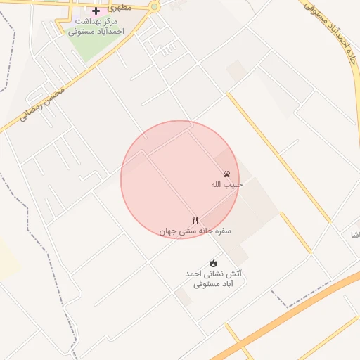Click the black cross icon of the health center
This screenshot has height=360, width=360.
[96, 11]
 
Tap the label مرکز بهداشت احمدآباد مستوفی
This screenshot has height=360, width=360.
[96, 27]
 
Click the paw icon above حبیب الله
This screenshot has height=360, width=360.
[227, 174]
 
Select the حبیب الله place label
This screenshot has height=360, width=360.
[227, 185]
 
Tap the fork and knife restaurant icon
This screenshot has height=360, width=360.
[195, 220]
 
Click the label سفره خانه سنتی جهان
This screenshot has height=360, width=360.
[195, 231]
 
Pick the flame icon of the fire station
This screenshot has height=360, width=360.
[214, 263]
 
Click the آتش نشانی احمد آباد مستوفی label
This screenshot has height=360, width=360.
[213, 278]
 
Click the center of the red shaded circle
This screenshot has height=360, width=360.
[180, 179]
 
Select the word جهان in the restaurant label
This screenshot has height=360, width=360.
[168, 231]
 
